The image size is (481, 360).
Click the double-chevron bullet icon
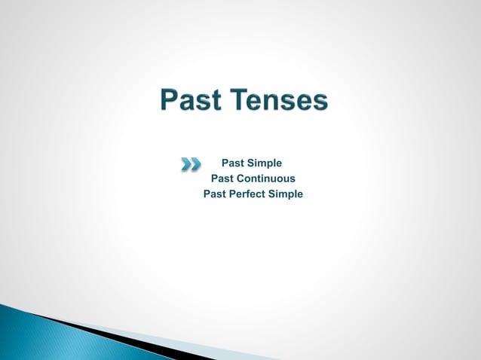coord(191,163)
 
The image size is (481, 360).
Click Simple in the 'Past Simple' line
coord(265,163)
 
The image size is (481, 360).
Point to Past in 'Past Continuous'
coord(222,178)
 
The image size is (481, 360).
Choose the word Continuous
coord(265,178)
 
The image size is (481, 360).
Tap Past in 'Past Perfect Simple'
coord(215,194)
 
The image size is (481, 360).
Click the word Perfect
coord(249,194)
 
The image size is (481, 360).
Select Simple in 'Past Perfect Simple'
coord(286,194)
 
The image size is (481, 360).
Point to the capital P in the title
coord(170,101)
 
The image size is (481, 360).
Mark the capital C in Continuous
coord(240,178)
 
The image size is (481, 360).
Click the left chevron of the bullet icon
coord(186,163)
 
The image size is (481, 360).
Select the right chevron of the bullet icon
coord(196,163)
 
